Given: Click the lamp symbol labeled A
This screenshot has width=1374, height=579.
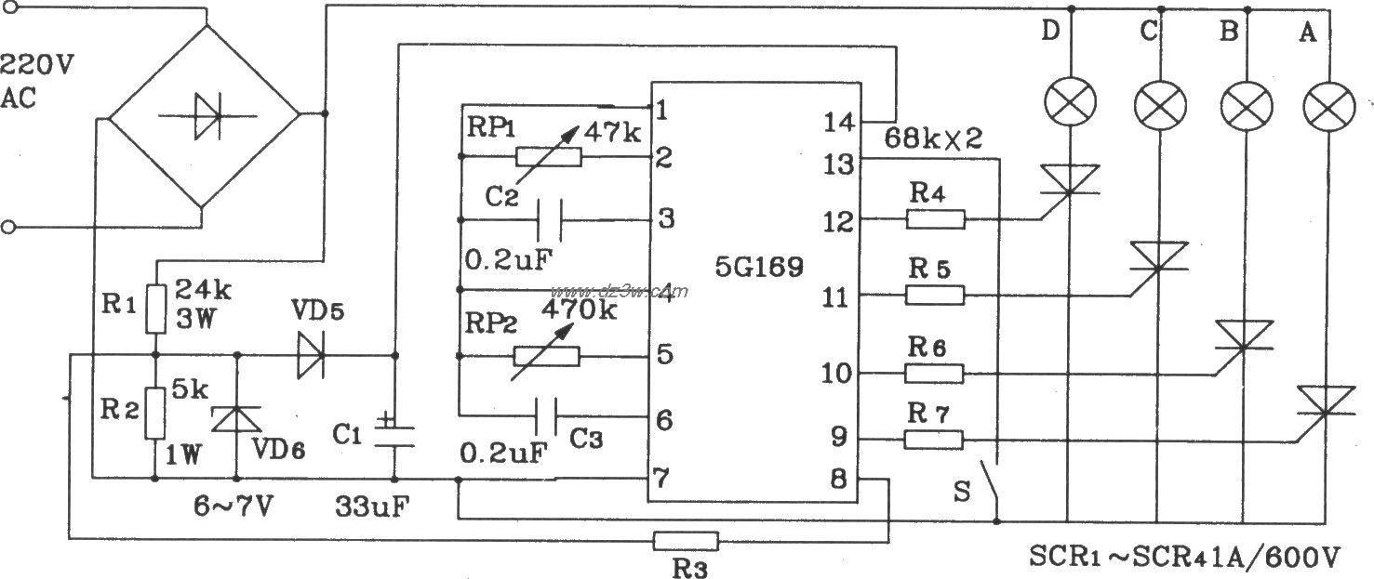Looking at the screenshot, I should coord(1326,104).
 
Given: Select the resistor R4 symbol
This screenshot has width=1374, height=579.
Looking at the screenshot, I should coord(936,219).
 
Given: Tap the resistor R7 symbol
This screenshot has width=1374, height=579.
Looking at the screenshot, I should coord(935,439).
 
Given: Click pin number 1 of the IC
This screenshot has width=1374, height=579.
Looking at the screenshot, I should coord(661,111).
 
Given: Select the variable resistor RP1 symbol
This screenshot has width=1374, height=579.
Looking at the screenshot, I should coord(550,156).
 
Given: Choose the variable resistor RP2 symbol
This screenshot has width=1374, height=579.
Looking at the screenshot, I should coord(548,355).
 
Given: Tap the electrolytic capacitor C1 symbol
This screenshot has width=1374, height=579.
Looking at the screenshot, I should coord(394,434).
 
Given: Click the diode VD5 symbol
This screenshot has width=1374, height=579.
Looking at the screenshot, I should coord(311,355).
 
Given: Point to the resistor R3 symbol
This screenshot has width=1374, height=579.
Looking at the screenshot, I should coord(686,539).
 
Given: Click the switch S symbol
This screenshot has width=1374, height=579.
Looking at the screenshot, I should coord(995,479).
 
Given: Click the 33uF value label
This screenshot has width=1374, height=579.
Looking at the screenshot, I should coord(372,508).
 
